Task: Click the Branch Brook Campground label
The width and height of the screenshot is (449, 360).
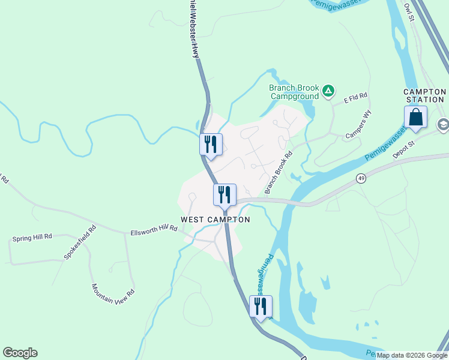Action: [294, 92]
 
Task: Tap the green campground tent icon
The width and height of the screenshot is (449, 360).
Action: [328, 91]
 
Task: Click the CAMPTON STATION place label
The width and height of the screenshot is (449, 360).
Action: [424, 95]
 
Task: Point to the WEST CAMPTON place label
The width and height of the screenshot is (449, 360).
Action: [215, 220]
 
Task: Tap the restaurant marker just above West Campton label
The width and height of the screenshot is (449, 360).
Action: [224, 195]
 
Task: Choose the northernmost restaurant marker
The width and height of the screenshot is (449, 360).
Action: [211, 145]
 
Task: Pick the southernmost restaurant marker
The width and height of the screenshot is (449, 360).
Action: [261, 307]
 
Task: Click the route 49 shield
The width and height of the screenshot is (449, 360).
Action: [361, 178]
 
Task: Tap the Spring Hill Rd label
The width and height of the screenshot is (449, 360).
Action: [32, 238]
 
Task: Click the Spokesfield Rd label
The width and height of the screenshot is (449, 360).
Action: [80, 242]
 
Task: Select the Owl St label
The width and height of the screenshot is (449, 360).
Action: [409, 11]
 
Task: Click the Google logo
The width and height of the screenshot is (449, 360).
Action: [20, 353]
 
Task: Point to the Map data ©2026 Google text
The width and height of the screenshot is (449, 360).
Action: [412, 355]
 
